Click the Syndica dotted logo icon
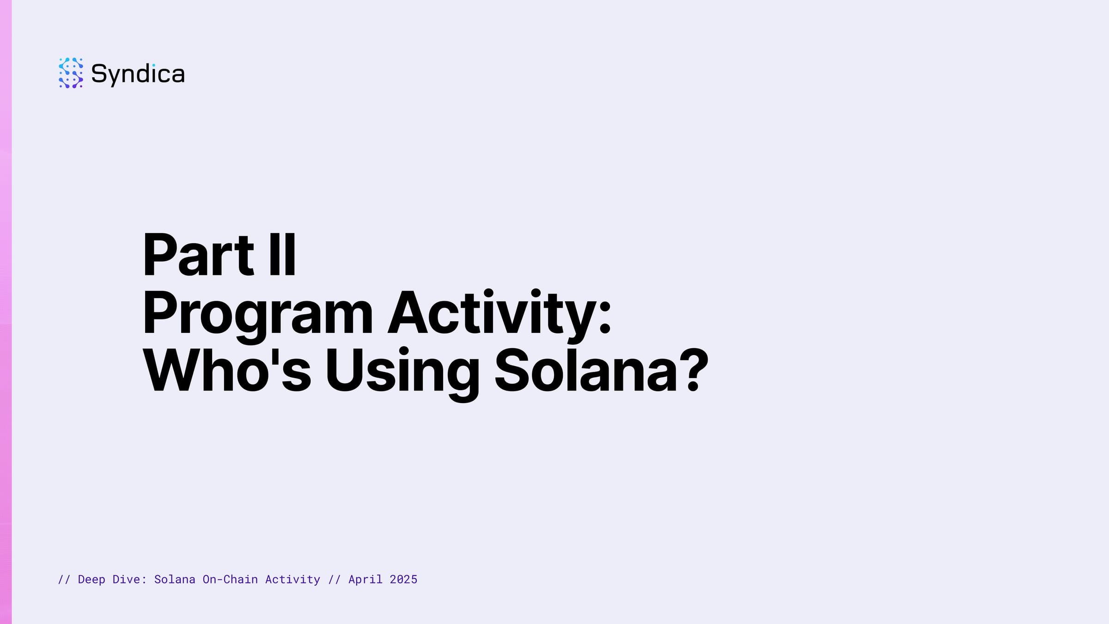71,73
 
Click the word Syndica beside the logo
138,74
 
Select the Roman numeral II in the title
282,255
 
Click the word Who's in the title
227,370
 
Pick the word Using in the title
402,374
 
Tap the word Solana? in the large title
601,370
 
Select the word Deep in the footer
91,580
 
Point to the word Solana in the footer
175,579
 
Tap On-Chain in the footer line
230,579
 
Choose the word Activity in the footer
292,580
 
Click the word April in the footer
366,580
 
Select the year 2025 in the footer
403,579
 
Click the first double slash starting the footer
64,579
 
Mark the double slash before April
335,579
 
